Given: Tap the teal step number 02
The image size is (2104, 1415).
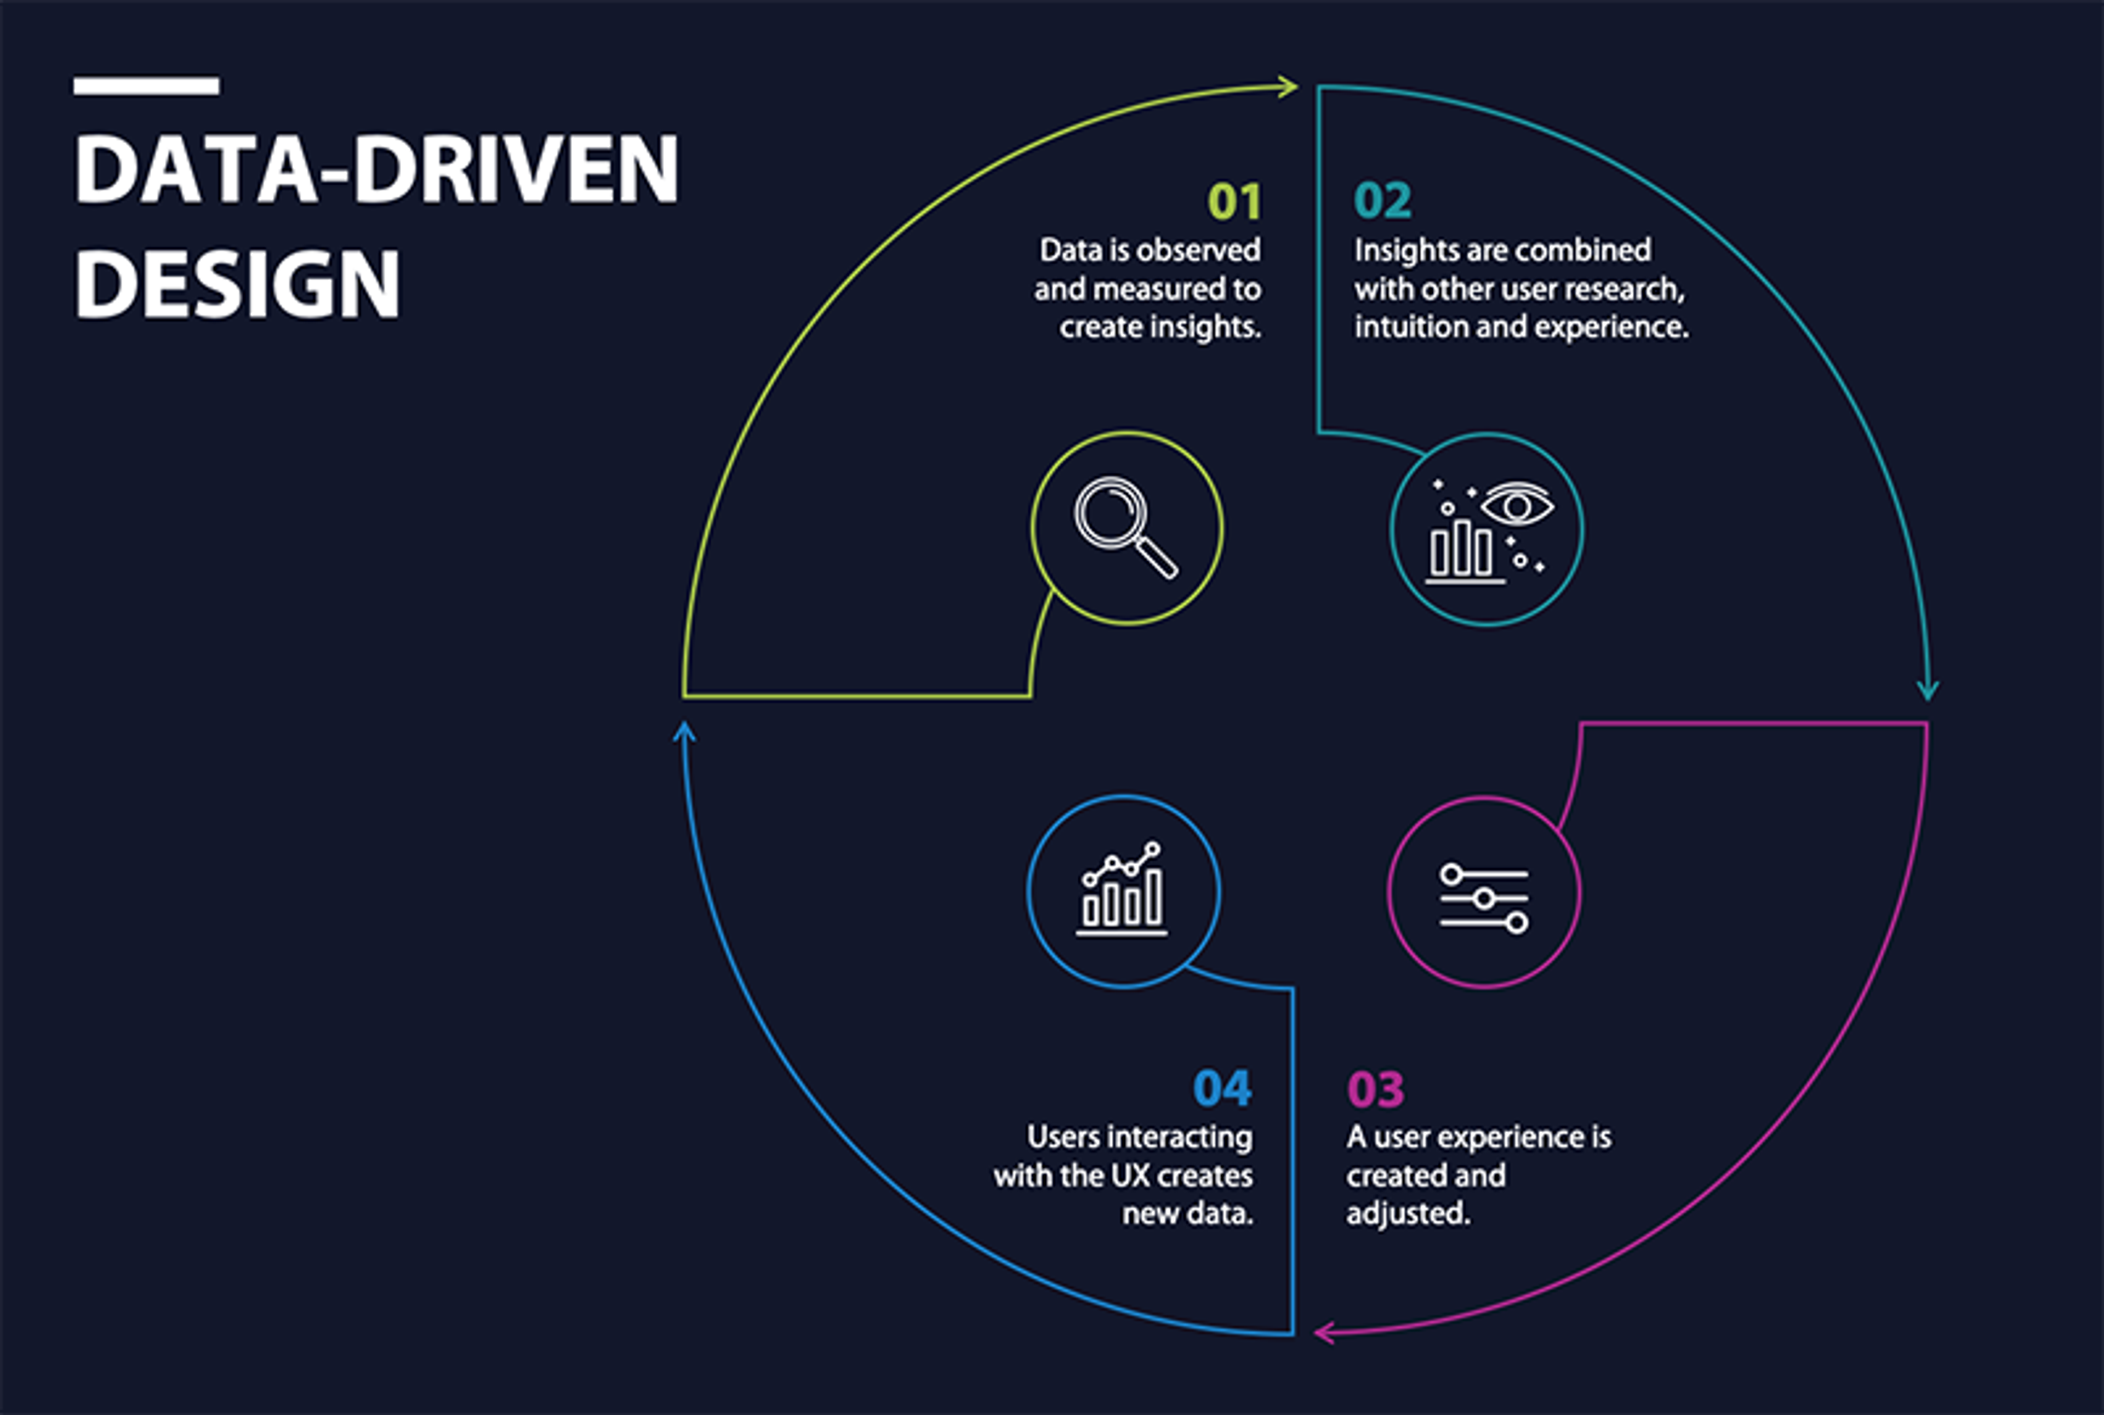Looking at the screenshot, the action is click(x=1382, y=201).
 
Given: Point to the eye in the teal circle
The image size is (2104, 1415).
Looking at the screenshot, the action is click(x=1518, y=505).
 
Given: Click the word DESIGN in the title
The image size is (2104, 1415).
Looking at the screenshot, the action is click(x=236, y=284).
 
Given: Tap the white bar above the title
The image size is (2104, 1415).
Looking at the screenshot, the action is click(x=146, y=85).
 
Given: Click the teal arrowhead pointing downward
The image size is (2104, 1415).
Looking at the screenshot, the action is click(x=1927, y=691).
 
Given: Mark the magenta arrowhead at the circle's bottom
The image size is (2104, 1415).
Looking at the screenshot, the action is click(x=1324, y=1332).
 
